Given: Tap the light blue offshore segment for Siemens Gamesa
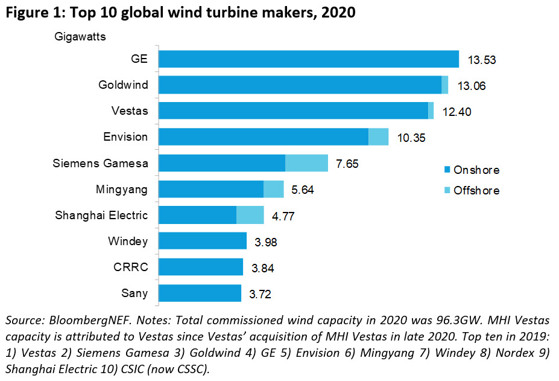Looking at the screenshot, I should (306, 163).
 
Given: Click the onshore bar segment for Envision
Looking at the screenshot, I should (263, 137).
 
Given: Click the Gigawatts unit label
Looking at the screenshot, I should (78, 37).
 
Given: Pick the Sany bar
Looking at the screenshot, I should (200, 293).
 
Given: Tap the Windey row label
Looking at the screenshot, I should (128, 242).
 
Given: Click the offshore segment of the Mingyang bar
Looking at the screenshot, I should (274, 189).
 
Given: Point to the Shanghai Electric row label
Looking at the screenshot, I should (101, 215).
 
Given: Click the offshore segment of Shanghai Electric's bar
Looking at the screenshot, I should (250, 215).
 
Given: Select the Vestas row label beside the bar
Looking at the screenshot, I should (130, 111).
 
